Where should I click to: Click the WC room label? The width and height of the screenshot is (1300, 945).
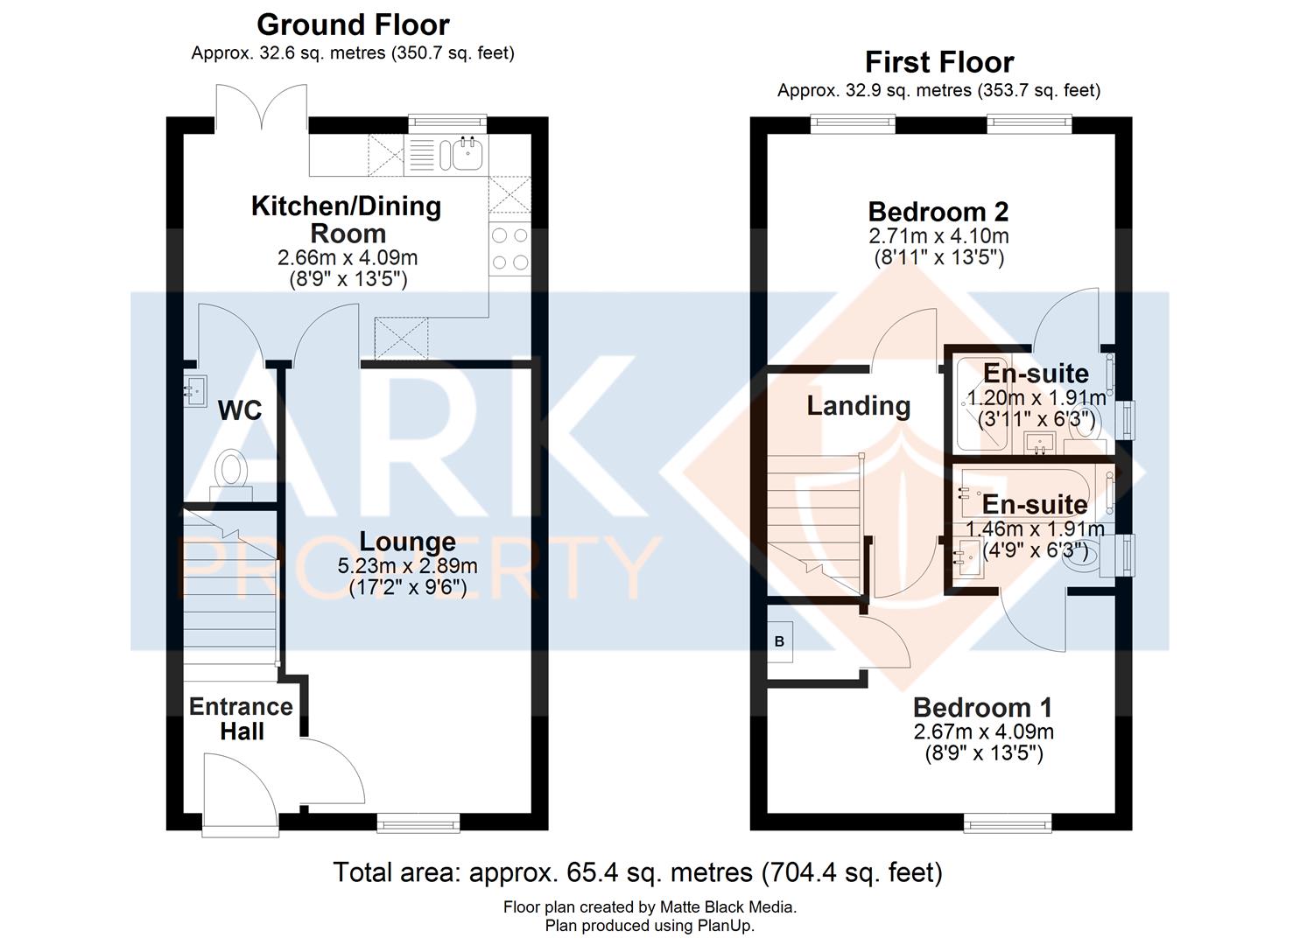tap(239, 410)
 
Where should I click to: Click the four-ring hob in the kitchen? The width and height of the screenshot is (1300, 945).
tap(509, 248)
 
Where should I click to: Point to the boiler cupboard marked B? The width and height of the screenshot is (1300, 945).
tap(779, 641)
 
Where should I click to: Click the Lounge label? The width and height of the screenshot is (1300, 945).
tap(408, 542)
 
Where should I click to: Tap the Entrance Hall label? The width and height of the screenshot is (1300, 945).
tap(241, 718)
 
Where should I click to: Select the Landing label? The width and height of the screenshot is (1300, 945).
tap(858, 406)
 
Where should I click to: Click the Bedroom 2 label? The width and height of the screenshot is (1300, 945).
tap(938, 212)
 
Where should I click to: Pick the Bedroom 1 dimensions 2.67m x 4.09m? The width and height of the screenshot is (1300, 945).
tap(983, 731)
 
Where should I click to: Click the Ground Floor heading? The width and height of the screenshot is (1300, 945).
tap(353, 24)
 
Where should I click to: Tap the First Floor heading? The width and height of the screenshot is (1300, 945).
tap(938, 62)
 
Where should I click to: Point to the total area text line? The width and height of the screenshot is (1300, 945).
tap(637, 872)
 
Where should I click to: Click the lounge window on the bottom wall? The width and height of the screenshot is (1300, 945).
tap(418, 822)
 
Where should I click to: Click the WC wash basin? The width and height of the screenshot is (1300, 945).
tap(193, 386)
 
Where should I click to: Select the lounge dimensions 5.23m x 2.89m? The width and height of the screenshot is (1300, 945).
tap(408, 566)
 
